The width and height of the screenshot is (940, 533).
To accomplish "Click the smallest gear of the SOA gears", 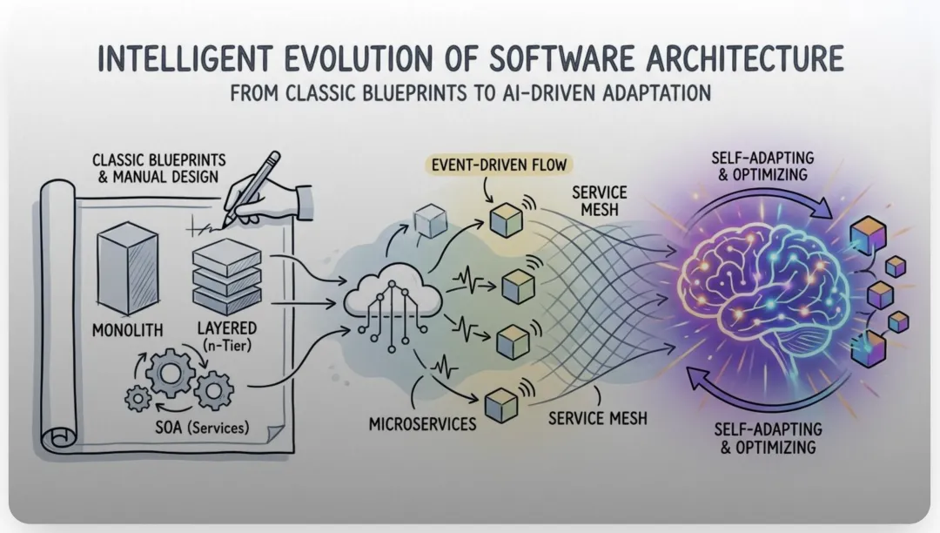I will pos(138,399).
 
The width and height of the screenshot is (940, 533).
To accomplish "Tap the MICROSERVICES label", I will pos(423,424).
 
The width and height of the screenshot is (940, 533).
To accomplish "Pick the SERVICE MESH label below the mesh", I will pos(598,418).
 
